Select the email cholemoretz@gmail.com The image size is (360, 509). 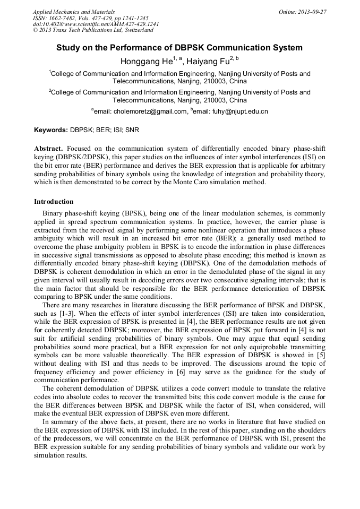140,111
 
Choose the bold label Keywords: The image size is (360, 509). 51,130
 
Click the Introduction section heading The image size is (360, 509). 54,202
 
